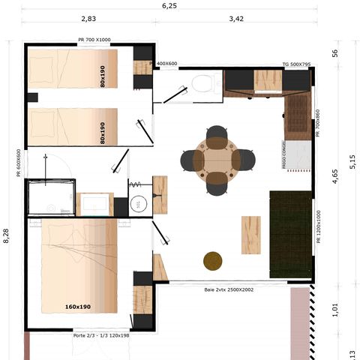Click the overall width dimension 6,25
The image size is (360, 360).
pyautogui.click(x=169, y=5)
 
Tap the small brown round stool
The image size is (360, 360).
pyautogui.click(x=214, y=260)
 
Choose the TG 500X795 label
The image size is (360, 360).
pyautogui.click(x=295, y=64)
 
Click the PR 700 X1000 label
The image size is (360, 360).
pyautogui.click(x=94, y=40)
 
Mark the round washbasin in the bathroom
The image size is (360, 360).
pyautogui.click(x=139, y=204)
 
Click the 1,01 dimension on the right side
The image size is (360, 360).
pyautogui.click(x=334, y=310)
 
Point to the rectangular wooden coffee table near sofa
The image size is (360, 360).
pyautogui.click(x=250, y=234)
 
